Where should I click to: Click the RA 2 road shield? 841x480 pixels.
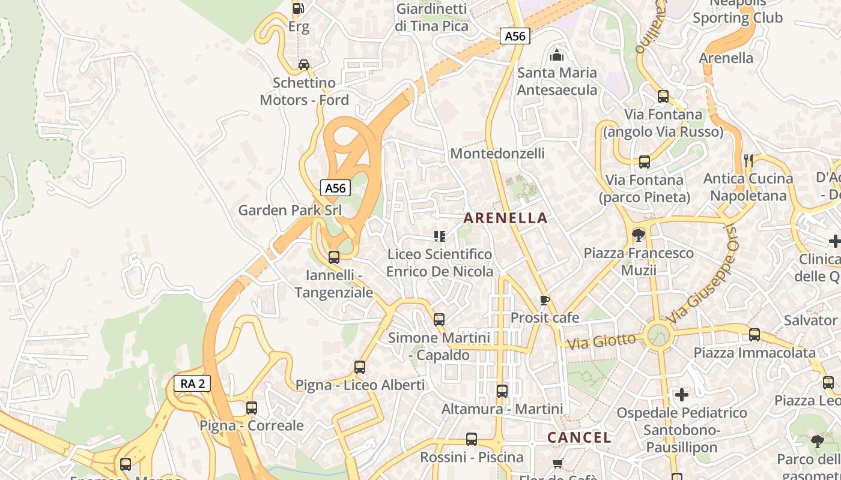192,383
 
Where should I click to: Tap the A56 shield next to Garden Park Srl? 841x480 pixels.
335,188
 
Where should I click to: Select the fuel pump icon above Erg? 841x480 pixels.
298,8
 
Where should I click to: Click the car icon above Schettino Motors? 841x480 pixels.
304,65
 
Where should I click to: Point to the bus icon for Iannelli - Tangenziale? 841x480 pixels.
333,257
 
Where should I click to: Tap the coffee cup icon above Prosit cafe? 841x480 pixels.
545,300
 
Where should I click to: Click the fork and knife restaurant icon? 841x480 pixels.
748,160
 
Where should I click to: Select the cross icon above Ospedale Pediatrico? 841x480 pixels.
682,395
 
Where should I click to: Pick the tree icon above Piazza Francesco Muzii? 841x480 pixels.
638,235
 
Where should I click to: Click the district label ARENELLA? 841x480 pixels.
506,218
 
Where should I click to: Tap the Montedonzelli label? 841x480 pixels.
497,154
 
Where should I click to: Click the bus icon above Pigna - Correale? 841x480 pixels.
251,408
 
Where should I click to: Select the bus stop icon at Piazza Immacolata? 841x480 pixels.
754,335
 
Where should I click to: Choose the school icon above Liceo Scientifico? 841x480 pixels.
439,236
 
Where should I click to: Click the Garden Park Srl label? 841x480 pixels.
290,210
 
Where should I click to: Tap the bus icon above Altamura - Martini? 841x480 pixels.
502,391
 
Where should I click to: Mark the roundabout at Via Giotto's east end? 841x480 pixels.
658,334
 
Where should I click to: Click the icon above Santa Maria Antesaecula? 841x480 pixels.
557,56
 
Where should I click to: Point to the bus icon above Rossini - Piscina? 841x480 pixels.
472,439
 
